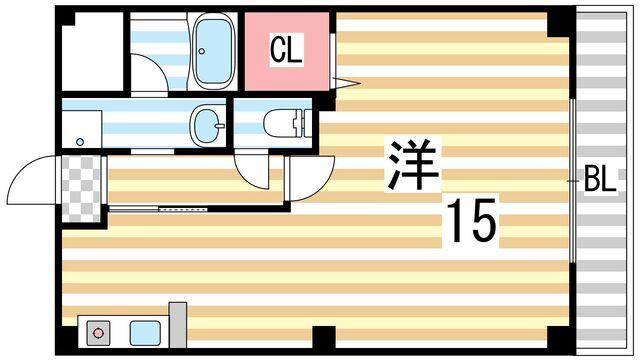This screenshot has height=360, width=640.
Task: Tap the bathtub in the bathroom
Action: point(211,51)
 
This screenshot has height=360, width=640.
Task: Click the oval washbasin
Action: point(208,125)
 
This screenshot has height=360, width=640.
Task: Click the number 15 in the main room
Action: point(470,221)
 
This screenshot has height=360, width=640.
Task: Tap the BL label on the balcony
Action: point(599,181)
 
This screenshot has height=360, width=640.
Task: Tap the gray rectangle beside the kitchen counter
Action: point(177,323)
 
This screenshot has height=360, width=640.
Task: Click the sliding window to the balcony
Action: point(572,181)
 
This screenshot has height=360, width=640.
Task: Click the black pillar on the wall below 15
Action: point(323,337)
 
